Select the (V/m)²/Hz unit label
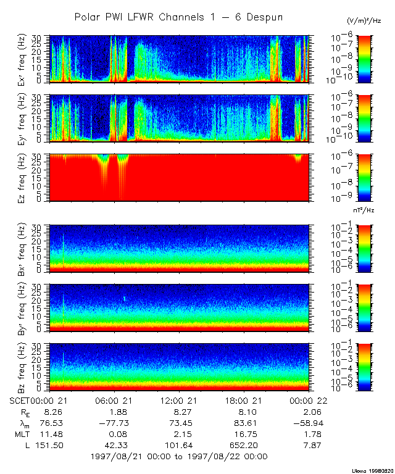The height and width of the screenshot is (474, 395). point(364,21)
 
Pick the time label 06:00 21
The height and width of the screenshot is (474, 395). point(115,402)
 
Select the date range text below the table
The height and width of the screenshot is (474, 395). point(179,457)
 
